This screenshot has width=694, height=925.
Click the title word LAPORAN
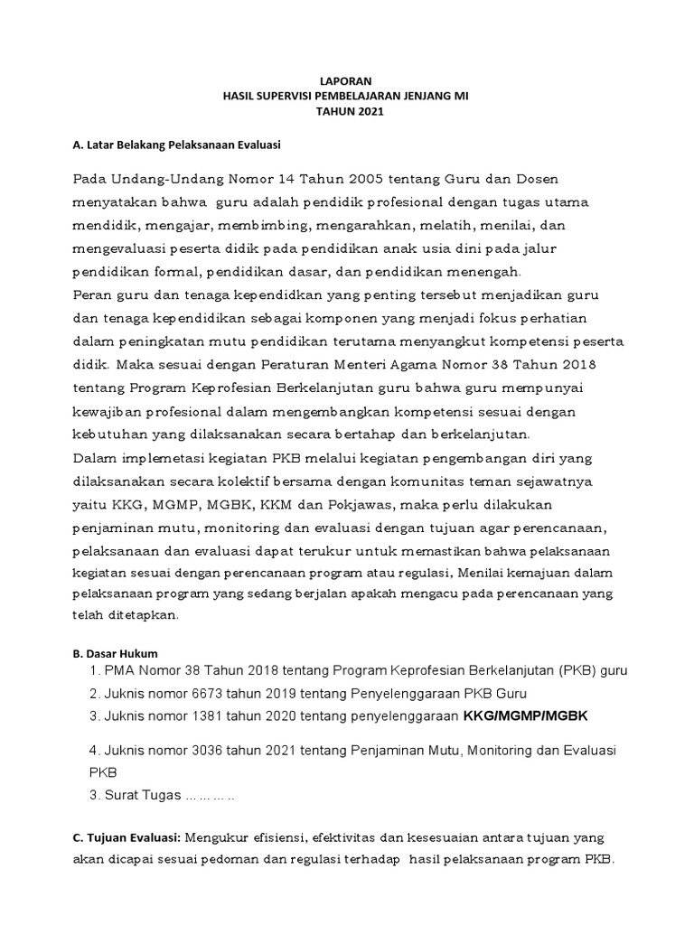[347, 79]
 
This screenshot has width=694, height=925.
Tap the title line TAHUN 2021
[347, 111]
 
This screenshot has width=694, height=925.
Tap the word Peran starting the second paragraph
[90, 296]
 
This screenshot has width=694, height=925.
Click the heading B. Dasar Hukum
[115, 653]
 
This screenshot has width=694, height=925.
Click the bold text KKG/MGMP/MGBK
[525, 716]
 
